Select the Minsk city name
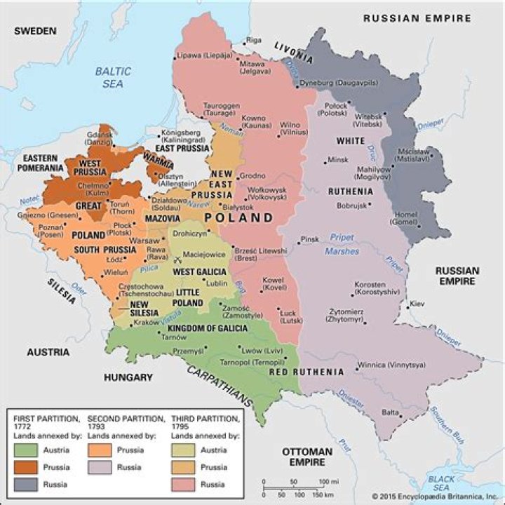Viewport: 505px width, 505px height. (x=337, y=159)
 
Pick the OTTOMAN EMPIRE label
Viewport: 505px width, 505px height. (x=307, y=457)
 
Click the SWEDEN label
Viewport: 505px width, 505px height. (x=35, y=31)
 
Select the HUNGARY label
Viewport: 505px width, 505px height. (x=128, y=377)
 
